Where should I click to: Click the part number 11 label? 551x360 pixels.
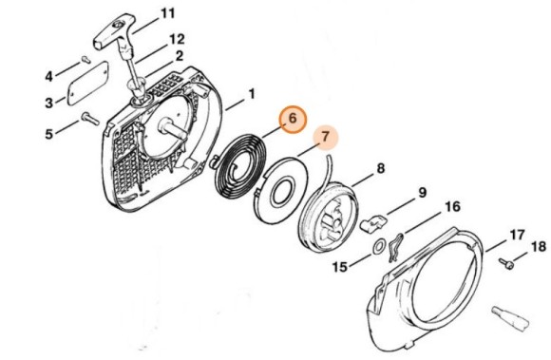click(x=167, y=13)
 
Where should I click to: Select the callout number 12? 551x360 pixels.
click(x=177, y=39)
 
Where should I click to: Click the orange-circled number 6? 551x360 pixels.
click(x=293, y=119)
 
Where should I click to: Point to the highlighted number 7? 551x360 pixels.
click(x=326, y=137)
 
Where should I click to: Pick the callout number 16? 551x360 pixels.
click(x=452, y=206)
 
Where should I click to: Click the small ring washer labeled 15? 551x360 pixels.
click(x=378, y=247)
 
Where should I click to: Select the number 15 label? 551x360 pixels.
click(x=340, y=267)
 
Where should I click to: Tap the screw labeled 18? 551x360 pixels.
click(x=506, y=263)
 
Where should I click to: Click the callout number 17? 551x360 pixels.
click(x=517, y=235)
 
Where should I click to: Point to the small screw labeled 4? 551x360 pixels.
click(x=85, y=60)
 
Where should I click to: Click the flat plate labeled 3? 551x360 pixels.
click(x=87, y=83)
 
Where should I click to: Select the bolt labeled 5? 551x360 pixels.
click(x=90, y=119)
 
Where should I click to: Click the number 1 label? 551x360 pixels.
click(x=252, y=94)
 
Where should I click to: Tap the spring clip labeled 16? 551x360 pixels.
click(x=395, y=247)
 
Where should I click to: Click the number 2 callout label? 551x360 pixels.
click(x=180, y=56)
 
